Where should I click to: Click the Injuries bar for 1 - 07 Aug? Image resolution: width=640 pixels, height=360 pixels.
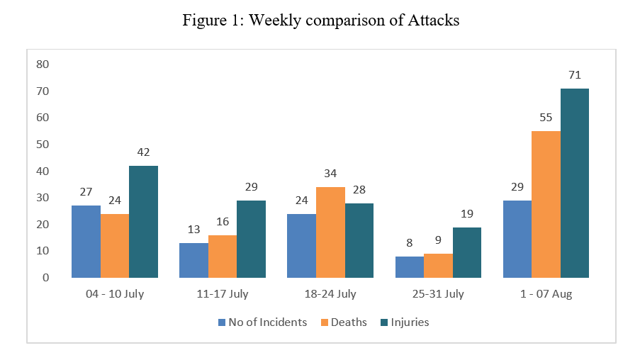point(575,184)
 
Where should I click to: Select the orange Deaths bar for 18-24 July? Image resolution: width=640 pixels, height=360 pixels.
point(330,232)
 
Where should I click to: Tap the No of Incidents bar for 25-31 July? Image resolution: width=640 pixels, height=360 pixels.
point(410,267)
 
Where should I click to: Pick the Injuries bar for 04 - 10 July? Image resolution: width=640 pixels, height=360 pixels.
point(143,222)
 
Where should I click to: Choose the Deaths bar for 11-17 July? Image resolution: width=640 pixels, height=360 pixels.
point(223,257)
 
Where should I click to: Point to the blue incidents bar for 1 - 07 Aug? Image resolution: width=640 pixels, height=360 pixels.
point(517,240)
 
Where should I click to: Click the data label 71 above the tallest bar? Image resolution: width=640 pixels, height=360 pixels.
point(575,75)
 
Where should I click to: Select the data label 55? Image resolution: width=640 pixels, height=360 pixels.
point(546,118)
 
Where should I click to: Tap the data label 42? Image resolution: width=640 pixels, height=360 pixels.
point(143,152)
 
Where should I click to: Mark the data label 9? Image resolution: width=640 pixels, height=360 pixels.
point(438,240)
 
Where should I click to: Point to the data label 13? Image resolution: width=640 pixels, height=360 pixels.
point(194,230)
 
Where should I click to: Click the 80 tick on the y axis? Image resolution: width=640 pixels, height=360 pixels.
point(43,64)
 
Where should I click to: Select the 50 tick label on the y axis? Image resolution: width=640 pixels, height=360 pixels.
point(43,144)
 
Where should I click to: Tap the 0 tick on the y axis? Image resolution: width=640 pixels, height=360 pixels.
point(45,278)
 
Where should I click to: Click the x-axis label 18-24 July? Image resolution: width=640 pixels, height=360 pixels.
point(330,294)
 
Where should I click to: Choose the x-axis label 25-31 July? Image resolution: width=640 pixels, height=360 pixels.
point(438,294)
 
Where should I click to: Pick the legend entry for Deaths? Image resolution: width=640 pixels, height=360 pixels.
point(344,322)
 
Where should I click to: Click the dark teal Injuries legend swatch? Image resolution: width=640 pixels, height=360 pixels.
point(384,322)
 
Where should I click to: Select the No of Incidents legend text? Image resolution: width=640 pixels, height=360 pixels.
point(268,322)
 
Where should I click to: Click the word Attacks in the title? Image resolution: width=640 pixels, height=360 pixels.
point(434,20)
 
